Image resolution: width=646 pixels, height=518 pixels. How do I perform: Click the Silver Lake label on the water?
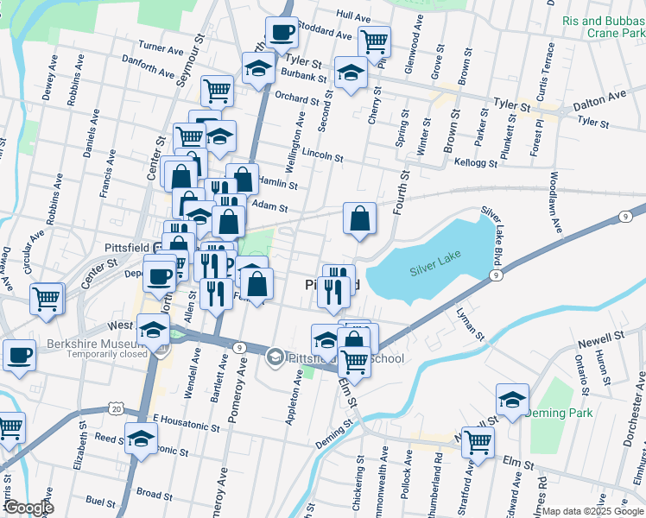(436, 262)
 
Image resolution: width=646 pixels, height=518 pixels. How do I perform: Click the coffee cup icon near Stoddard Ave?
(282, 33)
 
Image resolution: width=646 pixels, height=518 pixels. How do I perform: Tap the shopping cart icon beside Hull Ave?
(374, 41)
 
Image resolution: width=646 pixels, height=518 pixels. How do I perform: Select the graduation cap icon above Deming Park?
(512, 400)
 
